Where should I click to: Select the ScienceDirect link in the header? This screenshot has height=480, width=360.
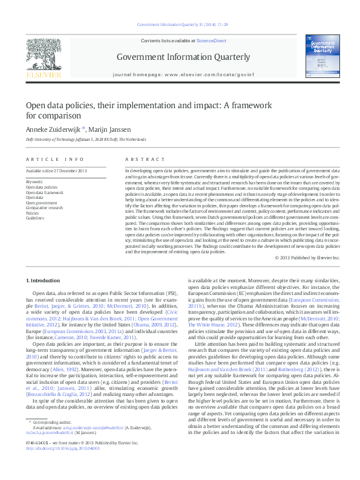point(211,40)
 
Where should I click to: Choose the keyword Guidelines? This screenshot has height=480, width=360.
point(35,218)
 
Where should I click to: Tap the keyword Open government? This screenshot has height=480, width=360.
point(41,203)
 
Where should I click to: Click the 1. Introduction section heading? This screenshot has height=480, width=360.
point(44,281)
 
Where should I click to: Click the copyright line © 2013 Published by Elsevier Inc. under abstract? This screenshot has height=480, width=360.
point(307,258)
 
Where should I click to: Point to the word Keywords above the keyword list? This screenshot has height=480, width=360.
point(35,181)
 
